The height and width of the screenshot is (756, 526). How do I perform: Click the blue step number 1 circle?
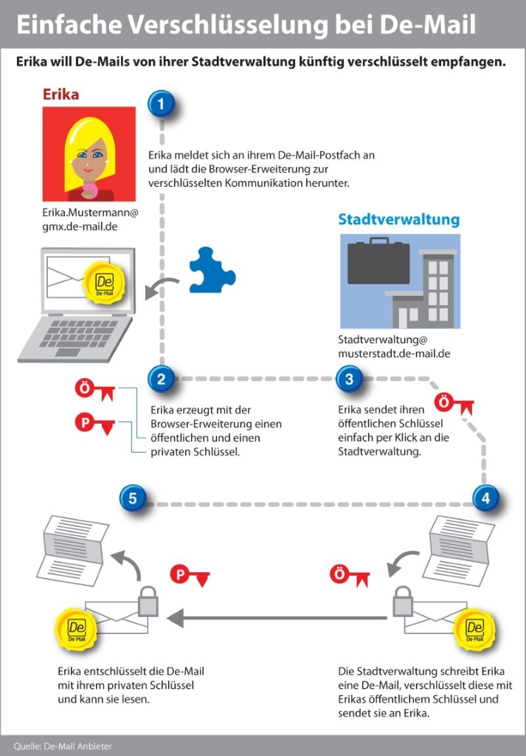pyautogui.click(x=162, y=103)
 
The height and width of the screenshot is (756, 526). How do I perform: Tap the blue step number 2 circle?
pyautogui.click(x=162, y=379)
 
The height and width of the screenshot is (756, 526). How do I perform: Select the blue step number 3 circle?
pyautogui.click(x=350, y=379)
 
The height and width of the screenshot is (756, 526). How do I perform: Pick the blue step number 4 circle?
pyautogui.click(x=485, y=498)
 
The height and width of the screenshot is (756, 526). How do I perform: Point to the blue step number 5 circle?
pyautogui.click(x=133, y=498)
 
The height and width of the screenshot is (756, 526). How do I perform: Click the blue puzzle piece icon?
pyautogui.click(x=212, y=270)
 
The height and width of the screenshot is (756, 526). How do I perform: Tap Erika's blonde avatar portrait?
pyautogui.click(x=89, y=154)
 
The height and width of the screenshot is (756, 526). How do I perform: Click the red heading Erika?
pyautogui.click(x=60, y=94)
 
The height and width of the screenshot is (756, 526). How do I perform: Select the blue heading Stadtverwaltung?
pyautogui.click(x=399, y=219)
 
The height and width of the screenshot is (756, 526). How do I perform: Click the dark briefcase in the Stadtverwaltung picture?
pyautogui.click(x=378, y=262)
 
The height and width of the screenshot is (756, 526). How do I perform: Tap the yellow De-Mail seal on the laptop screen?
pyautogui.click(x=104, y=283)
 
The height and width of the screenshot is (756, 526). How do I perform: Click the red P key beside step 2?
pyautogui.click(x=95, y=425)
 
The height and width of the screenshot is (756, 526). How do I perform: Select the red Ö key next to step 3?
pyautogui.click(x=454, y=404)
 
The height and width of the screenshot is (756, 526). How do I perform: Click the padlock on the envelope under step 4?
pyautogui.click(x=403, y=601)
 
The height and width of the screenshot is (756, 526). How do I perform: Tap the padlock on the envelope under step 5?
pyautogui.click(x=148, y=601)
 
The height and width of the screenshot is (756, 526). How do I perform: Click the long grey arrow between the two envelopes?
pyautogui.click(x=277, y=618)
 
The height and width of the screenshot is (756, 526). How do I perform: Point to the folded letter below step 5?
pyautogui.click(x=72, y=550)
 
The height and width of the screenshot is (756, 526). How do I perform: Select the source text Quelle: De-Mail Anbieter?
pyautogui.click(x=63, y=746)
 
